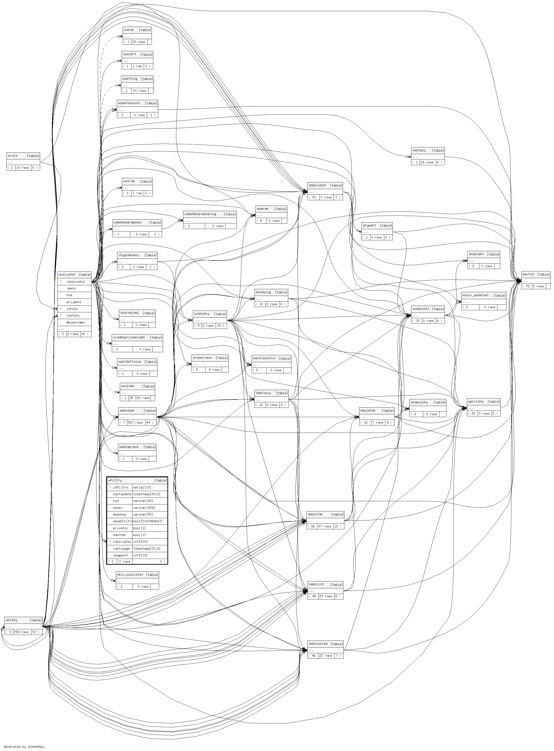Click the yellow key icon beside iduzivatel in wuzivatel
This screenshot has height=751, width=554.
(61, 282)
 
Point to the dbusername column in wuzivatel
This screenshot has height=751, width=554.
(75, 322)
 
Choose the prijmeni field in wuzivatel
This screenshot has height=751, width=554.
(74, 302)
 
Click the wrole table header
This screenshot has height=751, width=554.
(13, 155)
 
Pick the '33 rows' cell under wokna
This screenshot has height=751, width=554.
(138, 42)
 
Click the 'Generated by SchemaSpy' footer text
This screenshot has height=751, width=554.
(24, 747)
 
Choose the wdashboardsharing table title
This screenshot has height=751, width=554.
(200, 214)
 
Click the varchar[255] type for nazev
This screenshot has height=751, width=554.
(144, 508)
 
